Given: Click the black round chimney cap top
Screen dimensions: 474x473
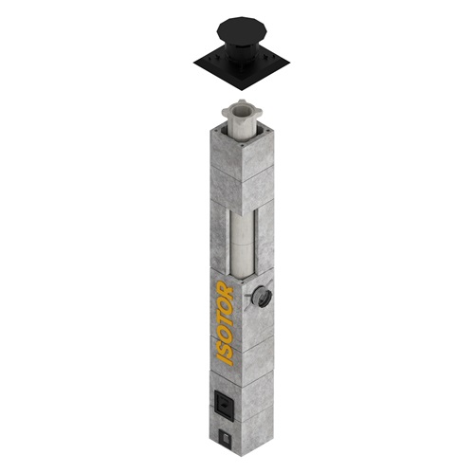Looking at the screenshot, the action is coord(242,29).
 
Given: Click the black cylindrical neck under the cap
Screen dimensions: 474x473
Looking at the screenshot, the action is coord(241,53).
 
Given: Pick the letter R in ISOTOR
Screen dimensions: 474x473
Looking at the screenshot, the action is coord(225,288).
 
